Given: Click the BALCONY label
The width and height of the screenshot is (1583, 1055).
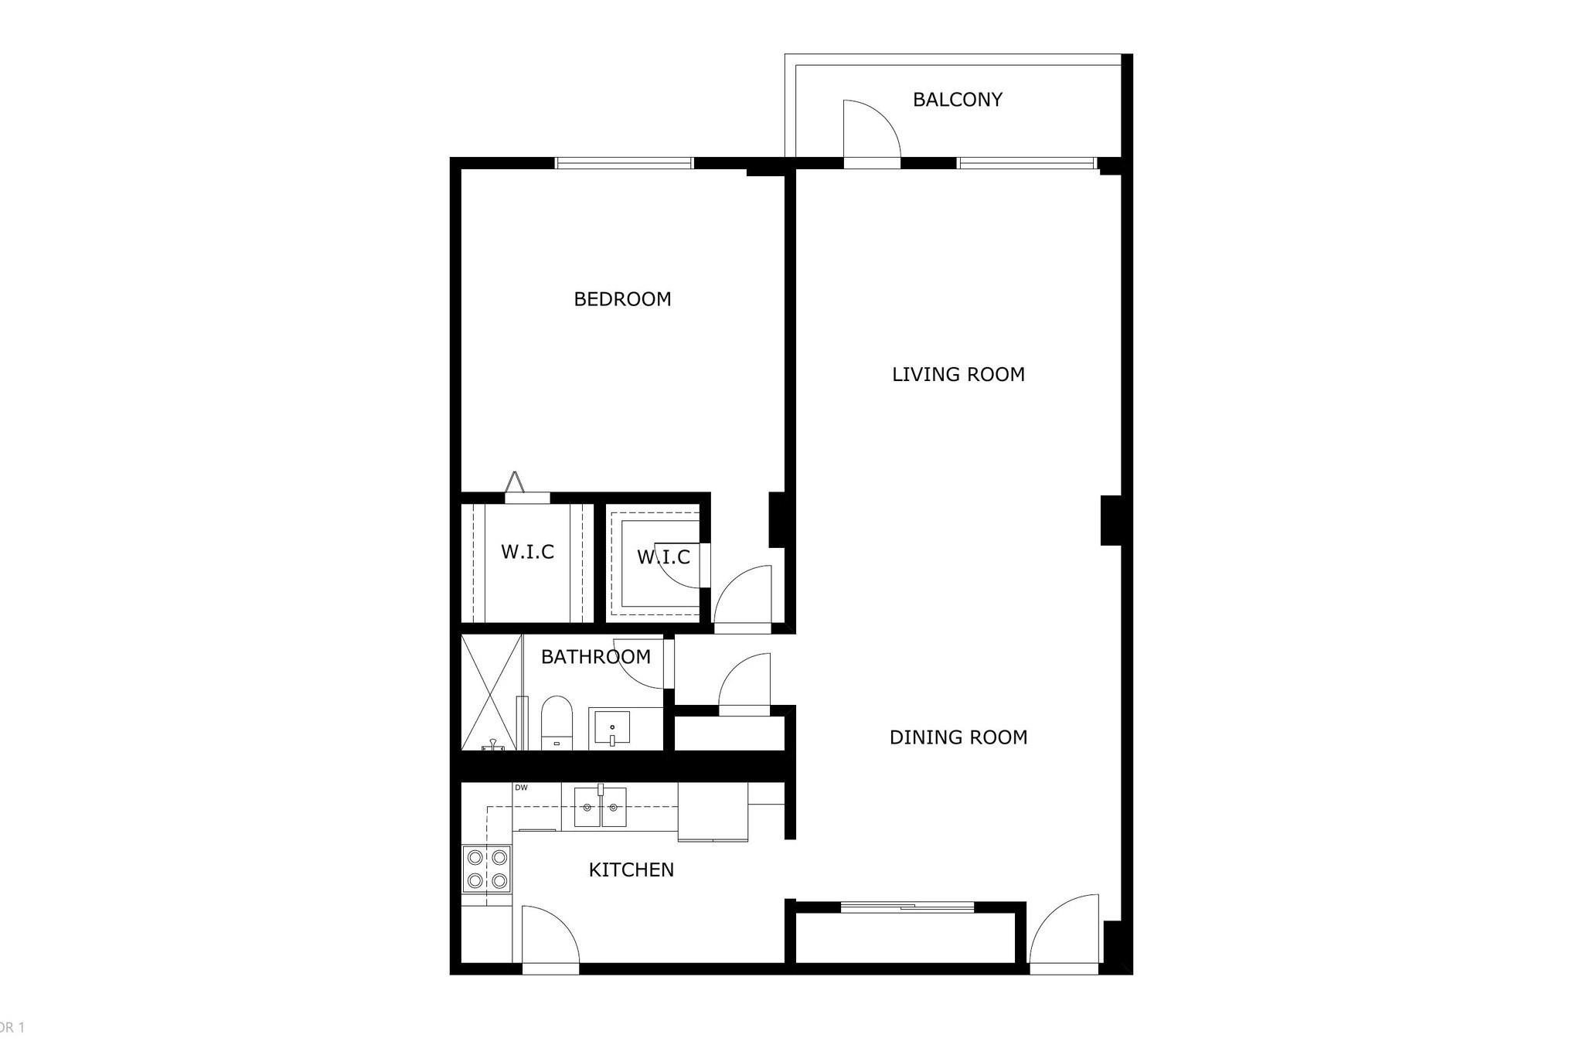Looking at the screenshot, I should click(957, 100).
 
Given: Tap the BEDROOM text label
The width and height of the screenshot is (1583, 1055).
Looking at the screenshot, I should click(622, 299).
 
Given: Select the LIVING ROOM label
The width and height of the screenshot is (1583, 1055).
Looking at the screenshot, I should click(958, 375).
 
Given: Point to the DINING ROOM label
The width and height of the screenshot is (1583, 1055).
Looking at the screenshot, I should click(958, 737).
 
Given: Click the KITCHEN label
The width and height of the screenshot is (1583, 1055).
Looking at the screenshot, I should click(631, 870).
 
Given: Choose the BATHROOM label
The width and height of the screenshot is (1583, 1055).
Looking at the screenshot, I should click(595, 657).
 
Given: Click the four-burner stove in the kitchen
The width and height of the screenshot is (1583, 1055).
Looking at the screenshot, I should click(487, 869).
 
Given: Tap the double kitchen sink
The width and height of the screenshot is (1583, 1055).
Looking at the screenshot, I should click(600, 807).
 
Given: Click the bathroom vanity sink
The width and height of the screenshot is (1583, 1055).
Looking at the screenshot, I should click(611, 728).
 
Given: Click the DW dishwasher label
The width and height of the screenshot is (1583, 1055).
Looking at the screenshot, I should click(522, 788).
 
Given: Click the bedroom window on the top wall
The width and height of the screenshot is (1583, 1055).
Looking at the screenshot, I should click(625, 163).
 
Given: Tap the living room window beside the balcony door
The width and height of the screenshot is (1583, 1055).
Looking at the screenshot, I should click(1026, 163).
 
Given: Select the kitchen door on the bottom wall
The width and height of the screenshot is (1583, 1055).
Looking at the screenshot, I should click(550, 937).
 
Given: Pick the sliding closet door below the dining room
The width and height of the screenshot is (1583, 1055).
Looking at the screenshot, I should click(906, 907).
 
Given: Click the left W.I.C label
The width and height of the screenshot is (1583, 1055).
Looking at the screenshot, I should click(527, 553).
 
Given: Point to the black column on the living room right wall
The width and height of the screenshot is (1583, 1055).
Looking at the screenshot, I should click(1111, 520).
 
